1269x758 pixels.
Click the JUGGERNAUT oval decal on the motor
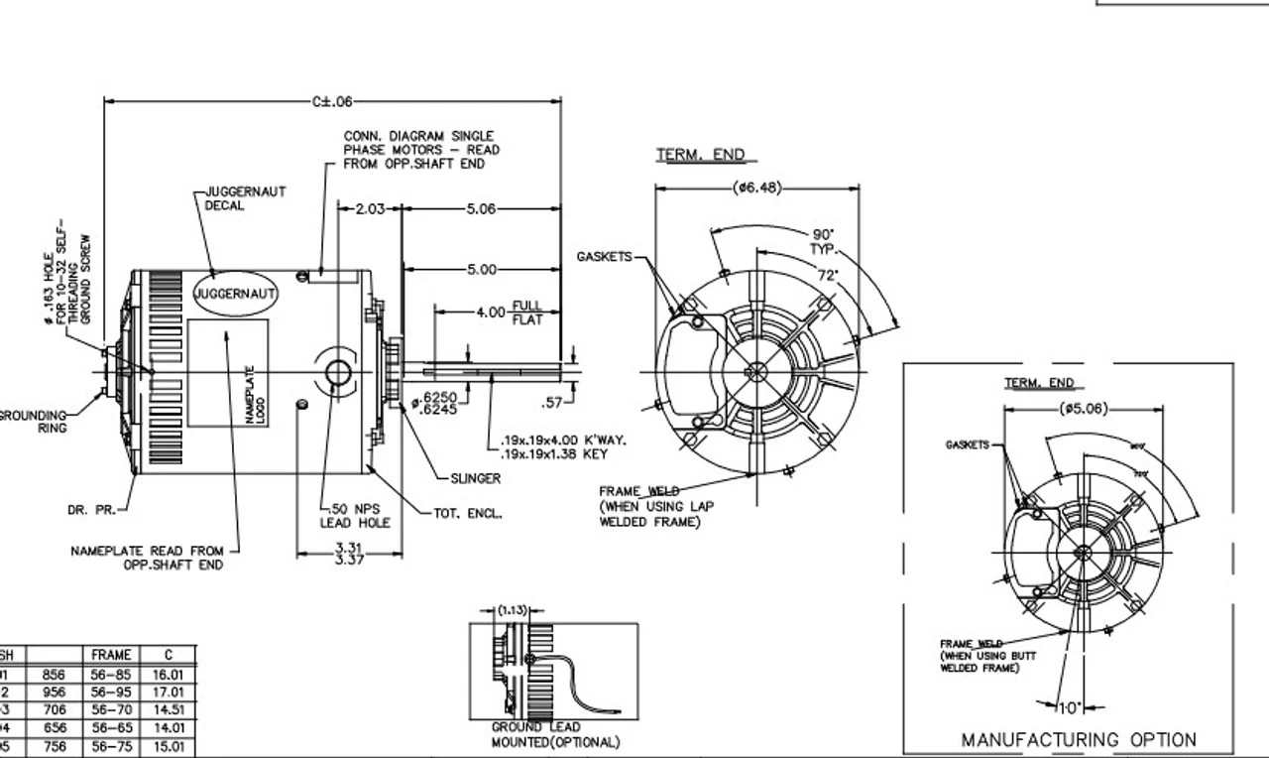[235, 294]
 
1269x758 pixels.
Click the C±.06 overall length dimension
[332, 101]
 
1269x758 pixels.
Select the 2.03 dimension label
[369, 209]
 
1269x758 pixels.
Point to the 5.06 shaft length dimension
[481, 209]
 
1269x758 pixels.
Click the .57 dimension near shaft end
[551, 402]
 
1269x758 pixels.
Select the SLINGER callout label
[476, 478]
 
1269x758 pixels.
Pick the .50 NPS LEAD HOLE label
[355, 516]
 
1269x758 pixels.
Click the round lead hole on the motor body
[337, 373]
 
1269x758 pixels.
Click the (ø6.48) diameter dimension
[757, 187]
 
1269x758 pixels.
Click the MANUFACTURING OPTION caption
[1079, 739]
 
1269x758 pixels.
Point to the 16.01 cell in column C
[168, 675]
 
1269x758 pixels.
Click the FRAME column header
[111, 655]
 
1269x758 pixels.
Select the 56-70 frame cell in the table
[111, 710]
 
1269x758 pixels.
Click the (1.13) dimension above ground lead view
[513, 610]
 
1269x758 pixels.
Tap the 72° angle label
[827, 274]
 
